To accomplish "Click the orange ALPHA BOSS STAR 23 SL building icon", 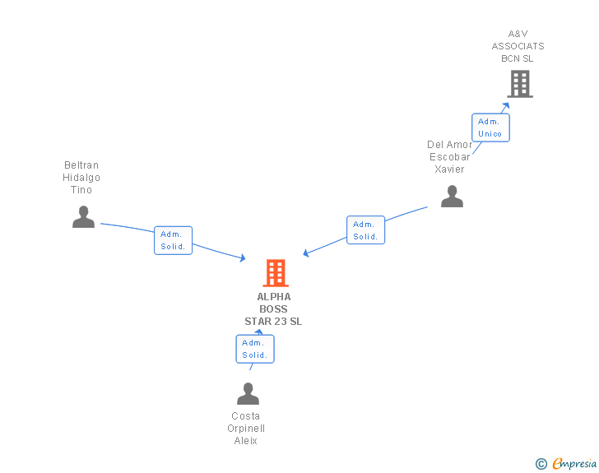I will click(275, 273).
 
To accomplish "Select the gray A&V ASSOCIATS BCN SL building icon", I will click(519, 84).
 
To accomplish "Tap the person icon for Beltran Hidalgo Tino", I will click(83, 216).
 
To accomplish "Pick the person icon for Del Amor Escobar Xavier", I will click(452, 197).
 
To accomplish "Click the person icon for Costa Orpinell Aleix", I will click(248, 394).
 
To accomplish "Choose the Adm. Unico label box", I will click(490, 128).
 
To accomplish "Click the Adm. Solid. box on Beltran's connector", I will click(173, 240).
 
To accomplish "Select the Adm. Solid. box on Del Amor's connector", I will click(365, 230).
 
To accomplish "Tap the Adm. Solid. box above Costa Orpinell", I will click(255, 349).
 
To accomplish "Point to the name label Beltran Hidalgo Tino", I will click(81, 178).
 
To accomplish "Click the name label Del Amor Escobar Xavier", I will click(449, 157).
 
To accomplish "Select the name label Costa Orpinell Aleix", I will click(246, 429).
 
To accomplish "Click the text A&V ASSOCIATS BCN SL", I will click(518, 46).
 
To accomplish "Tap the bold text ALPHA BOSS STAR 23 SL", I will click(273, 309).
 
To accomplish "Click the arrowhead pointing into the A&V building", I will click(506, 105).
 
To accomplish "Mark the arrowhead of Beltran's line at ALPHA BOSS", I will click(242, 258).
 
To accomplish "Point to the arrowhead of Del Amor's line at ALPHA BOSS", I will click(306, 253).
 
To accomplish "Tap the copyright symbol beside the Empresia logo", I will click(541, 464).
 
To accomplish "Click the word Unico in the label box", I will click(490, 134).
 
